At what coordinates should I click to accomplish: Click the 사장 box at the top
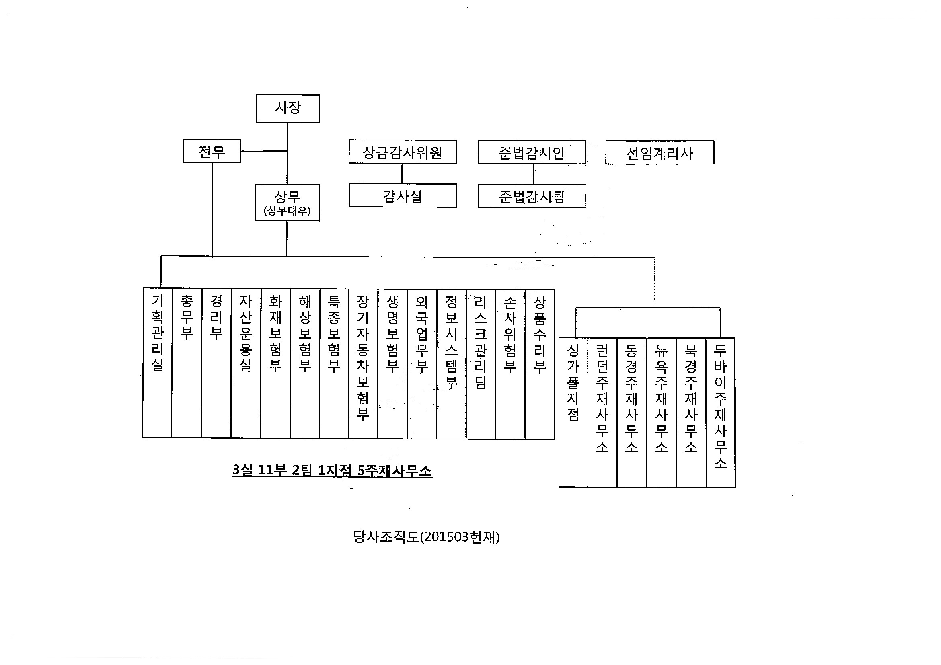pyautogui.click(x=288, y=109)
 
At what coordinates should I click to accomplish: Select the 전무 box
pyautogui.click(x=212, y=152)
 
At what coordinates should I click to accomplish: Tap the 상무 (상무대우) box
pyautogui.click(x=287, y=202)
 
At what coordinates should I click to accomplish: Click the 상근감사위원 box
pyautogui.click(x=403, y=152)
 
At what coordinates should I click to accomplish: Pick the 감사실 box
pyautogui.click(x=403, y=196)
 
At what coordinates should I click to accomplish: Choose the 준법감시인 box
pyautogui.click(x=532, y=153)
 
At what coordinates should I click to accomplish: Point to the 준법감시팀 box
pyautogui.click(x=532, y=197)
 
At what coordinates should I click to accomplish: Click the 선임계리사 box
pyautogui.click(x=660, y=153)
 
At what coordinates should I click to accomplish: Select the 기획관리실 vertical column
pyautogui.click(x=157, y=363)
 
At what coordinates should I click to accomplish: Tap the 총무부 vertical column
pyautogui.click(x=187, y=363)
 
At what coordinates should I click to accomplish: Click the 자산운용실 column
pyautogui.click(x=245, y=363)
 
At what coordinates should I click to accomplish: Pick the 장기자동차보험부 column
pyautogui.click(x=363, y=363)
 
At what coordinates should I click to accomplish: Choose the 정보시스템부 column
pyautogui.click(x=451, y=363)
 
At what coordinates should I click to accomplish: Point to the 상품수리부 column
pyautogui.click(x=540, y=363)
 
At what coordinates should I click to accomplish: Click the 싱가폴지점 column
pyautogui.click(x=573, y=412)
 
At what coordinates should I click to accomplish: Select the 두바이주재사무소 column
pyautogui.click(x=721, y=412)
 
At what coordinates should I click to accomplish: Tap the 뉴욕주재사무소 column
pyautogui.click(x=662, y=412)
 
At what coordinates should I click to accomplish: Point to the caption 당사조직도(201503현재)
pyautogui.click(x=426, y=537)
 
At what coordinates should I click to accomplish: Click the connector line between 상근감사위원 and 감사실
pyautogui.click(x=402, y=174)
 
